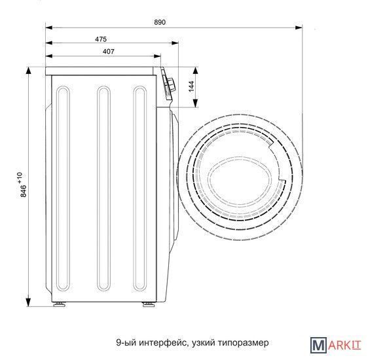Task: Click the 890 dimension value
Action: (160, 22)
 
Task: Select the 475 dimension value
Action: (101, 39)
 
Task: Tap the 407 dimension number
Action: (109, 52)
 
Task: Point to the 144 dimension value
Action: (191, 86)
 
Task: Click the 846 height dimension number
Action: (24, 191)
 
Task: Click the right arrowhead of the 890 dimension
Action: (299, 27)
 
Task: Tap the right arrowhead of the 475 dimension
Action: (175, 43)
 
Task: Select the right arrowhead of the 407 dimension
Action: (157, 56)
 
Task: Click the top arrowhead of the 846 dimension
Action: (29, 71)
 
